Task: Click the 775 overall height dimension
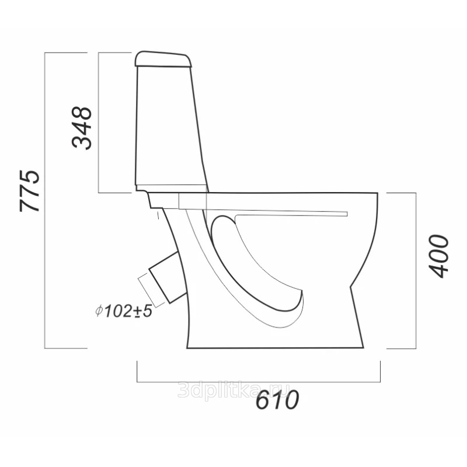(30, 191)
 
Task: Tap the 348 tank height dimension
(82, 128)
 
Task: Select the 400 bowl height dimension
(438, 256)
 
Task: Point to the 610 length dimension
(277, 399)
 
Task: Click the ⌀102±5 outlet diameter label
(124, 311)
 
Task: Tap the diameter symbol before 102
(99, 311)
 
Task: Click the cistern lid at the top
(163, 59)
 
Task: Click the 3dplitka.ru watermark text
(233, 389)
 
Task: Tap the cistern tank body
(172, 128)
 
